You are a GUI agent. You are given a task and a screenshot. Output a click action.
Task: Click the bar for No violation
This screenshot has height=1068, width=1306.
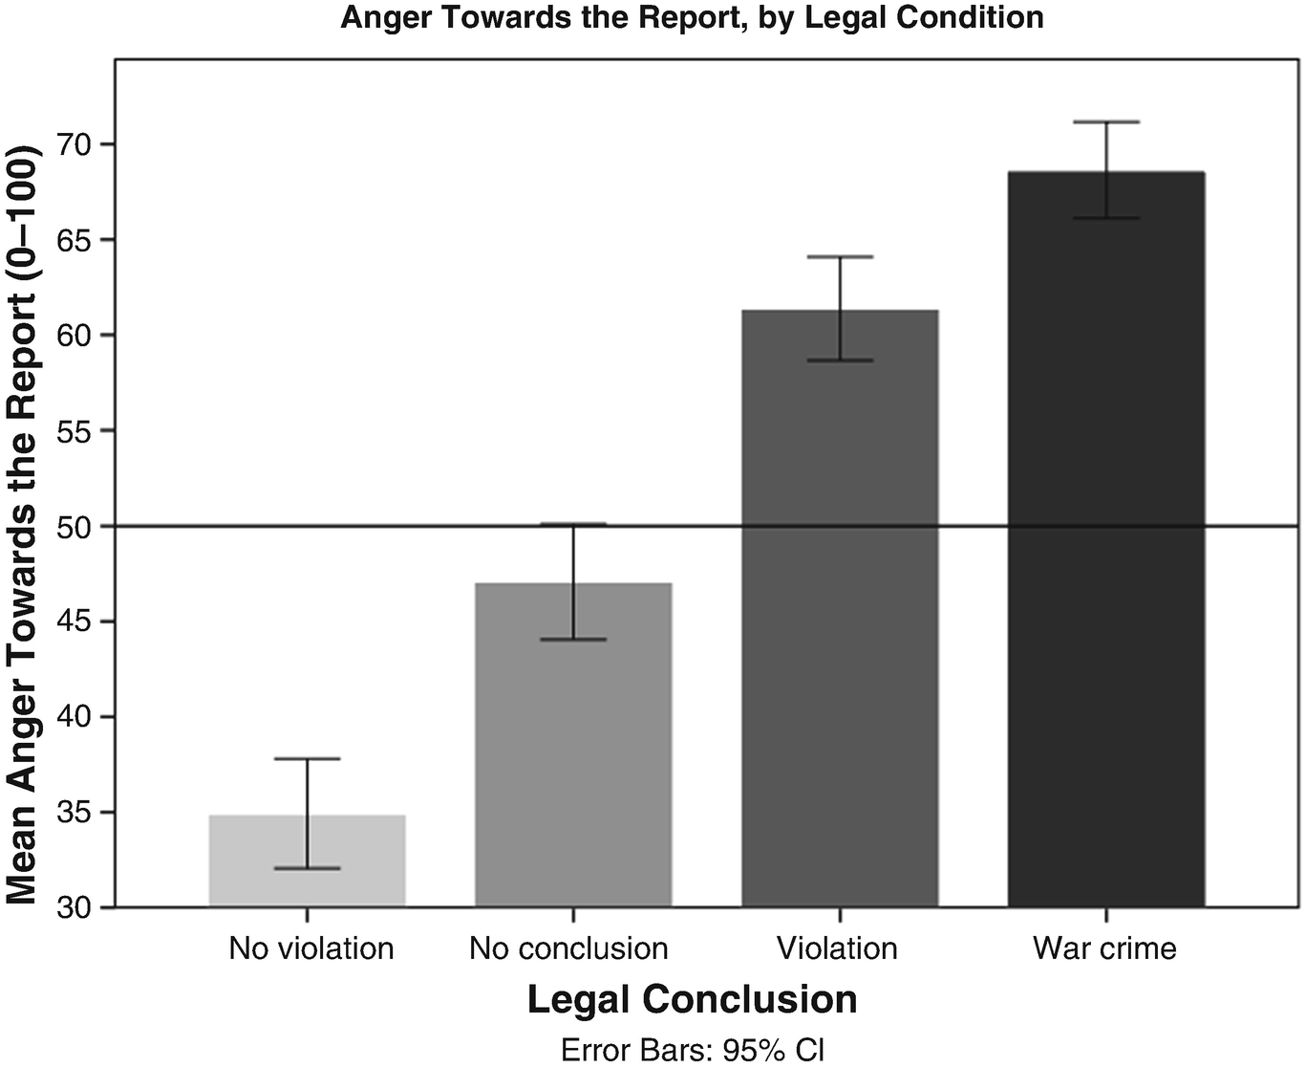308,861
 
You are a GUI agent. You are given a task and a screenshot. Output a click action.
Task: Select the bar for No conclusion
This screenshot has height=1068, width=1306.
573,746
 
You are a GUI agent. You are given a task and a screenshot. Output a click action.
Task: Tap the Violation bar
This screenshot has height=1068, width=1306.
840,612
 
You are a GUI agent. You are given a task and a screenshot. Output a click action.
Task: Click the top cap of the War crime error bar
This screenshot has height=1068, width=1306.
1106,122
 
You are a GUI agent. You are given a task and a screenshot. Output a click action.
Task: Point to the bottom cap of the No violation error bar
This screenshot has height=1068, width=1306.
308,868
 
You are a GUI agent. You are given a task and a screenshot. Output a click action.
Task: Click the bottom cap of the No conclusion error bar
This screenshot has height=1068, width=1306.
573,639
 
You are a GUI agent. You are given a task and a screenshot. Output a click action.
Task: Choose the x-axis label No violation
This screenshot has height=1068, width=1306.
310,948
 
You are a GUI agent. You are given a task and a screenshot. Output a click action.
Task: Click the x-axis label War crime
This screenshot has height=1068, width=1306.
1104,948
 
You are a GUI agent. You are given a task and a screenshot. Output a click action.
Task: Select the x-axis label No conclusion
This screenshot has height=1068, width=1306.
569,948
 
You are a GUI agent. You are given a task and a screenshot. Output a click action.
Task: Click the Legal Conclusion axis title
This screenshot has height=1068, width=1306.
692,1000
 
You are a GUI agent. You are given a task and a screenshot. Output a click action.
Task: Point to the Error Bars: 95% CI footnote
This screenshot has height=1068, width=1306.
692,1050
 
